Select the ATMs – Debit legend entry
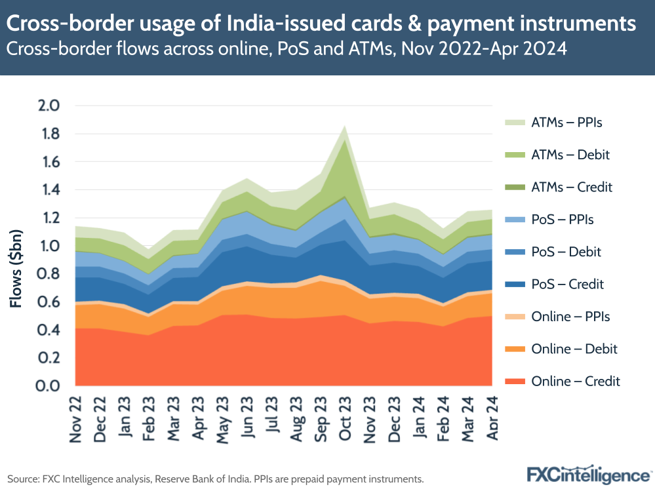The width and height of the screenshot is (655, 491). coord(570,155)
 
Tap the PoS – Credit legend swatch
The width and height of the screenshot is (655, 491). coord(516,285)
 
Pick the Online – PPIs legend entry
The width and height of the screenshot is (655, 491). coord(570,317)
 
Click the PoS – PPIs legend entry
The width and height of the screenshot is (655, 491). coord(563,220)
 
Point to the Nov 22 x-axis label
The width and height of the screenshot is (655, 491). coord(75,418)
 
